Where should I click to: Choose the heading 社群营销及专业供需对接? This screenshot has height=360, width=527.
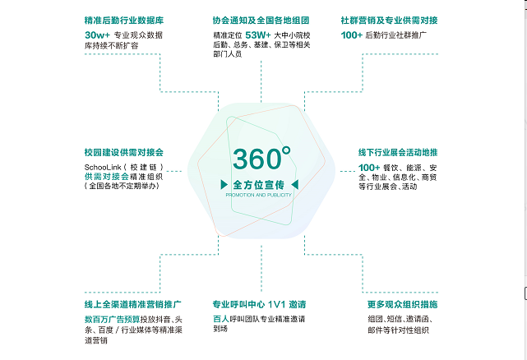[x=389, y=20]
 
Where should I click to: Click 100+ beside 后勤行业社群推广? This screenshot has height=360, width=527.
[x=352, y=36]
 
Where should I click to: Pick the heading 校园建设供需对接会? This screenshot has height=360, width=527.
[x=124, y=152]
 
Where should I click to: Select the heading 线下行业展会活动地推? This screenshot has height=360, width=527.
[x=398, y=152]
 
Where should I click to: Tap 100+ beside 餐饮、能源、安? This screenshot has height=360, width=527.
[x=369, y=168]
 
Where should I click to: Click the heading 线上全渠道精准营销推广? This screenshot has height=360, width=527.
[x=132, y=304]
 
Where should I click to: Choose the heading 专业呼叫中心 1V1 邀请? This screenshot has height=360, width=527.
[x=259, y=304]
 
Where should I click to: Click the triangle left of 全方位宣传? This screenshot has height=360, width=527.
[x=224, y=185]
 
